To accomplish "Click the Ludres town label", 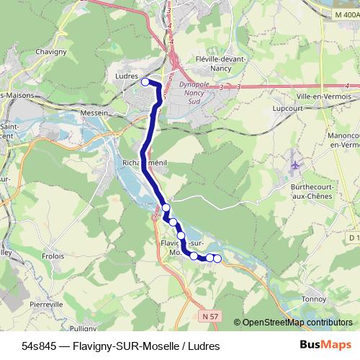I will pyautogui.click(x=126, y=75).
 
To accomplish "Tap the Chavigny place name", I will pyautogui.click(x=71, y=52).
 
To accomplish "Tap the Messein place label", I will pyautogui.click(x=94, y=112).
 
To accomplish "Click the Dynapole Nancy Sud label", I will pyautogui.click(x=193, y=92).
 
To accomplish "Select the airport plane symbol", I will pyautogui.click(x=294, y=165).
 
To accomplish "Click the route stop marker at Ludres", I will pyautogui.click(x=145, y=82).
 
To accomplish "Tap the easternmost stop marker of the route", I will pyautogui.click(x=217, y=258).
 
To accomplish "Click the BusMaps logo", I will pyautogui.click(x=325, y=345).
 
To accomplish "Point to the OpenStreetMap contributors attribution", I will pyautogui.click(x=297, y=323).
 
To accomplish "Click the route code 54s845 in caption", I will pyautogui.click(x=39, y=346).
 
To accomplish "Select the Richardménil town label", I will pyautogui.click(x=145, y=163).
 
